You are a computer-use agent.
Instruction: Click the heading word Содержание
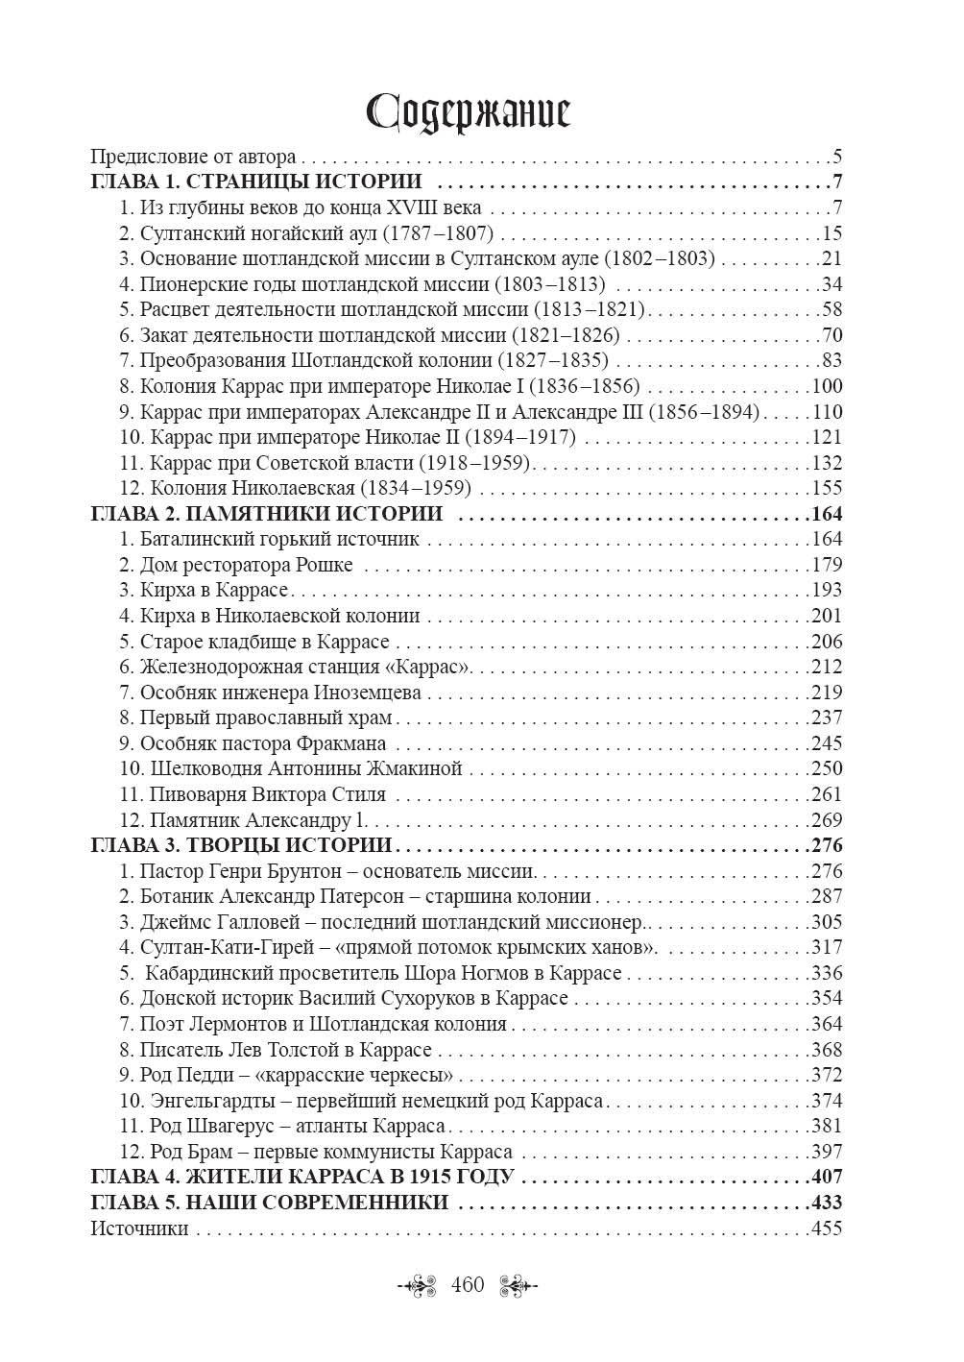pyautogui.click(x=470, y=112)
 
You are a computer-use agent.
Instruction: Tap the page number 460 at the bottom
pyautogui.click(x=468, y=1285)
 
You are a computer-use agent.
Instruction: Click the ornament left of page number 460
pyautogui.click(x=420, y=1285)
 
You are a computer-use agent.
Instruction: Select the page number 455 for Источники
pyautogui.click(x=826, y=1228)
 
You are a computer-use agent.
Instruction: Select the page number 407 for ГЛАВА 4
pyautogui.click(x=826, y=1177)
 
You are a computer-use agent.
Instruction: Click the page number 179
pyautogui.click(x=826, y=565)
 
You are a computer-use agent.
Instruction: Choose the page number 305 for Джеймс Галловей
pyautogui.click(x=826, y=922)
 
